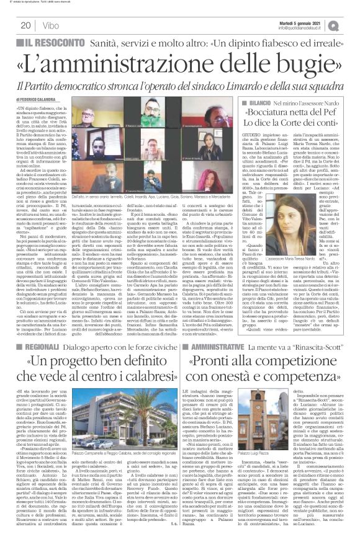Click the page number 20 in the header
coord(27,25)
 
